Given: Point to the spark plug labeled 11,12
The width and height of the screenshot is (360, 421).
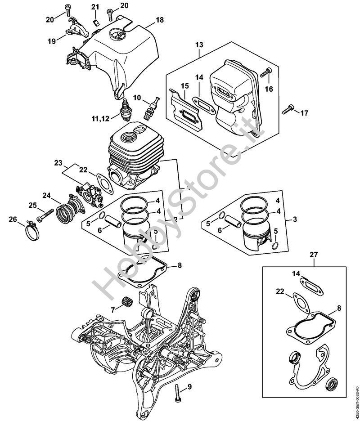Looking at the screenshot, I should pyautogui.click(x=126, y=109).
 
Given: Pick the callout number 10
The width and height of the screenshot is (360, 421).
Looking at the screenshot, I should pyautogui.click(x=137, y=97).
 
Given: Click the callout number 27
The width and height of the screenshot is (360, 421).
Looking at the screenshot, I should pyautogui.click(x=313, y=255).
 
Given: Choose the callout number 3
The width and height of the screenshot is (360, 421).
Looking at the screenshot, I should pyautogui.click(x=294, y=219).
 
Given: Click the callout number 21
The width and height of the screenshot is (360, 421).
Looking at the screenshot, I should pyautogui.click(x=94, y=7).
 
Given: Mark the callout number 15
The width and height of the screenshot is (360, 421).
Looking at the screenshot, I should pyautogui.click(x=184, y=86).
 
